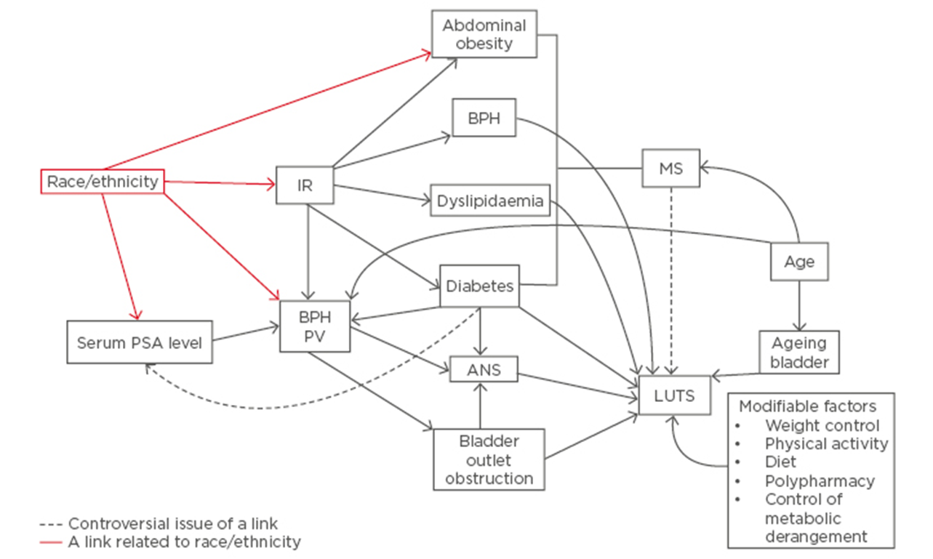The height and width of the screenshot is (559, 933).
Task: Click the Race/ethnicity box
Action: [102, 182]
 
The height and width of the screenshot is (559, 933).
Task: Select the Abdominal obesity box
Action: [484, 34]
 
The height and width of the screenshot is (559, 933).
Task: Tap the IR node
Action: [305, 185]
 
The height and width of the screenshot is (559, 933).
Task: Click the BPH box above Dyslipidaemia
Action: [484, 118]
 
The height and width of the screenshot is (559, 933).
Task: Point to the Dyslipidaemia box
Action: [490, 201]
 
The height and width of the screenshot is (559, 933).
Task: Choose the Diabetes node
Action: [479, 286]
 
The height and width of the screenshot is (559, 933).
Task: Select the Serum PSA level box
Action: [140, 341]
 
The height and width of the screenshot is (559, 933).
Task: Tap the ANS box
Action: [484, 369]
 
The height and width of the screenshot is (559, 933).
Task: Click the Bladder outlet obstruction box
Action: [489, 459]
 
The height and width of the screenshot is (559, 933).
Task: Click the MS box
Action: [670, 169]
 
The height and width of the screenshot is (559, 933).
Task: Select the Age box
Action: [799, 262]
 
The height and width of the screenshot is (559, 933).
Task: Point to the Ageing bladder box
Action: [799, 352]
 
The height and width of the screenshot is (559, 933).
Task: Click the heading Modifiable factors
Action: [807, 406]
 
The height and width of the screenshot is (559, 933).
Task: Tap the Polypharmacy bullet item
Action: [819, 481]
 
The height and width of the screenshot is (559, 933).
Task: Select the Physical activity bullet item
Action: [826, 443]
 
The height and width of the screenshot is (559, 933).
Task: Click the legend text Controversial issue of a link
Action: [173, 523]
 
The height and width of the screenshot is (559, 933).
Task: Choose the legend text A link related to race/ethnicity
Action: [184, 542]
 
